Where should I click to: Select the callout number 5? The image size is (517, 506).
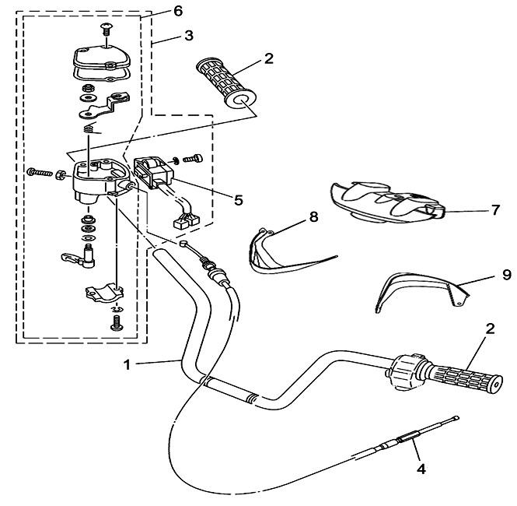tap(239, 200)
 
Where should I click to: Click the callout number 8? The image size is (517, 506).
tap(313, 217)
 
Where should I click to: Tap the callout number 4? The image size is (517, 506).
tap(421, 469)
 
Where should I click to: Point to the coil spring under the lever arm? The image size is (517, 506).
tap(90, 128)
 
